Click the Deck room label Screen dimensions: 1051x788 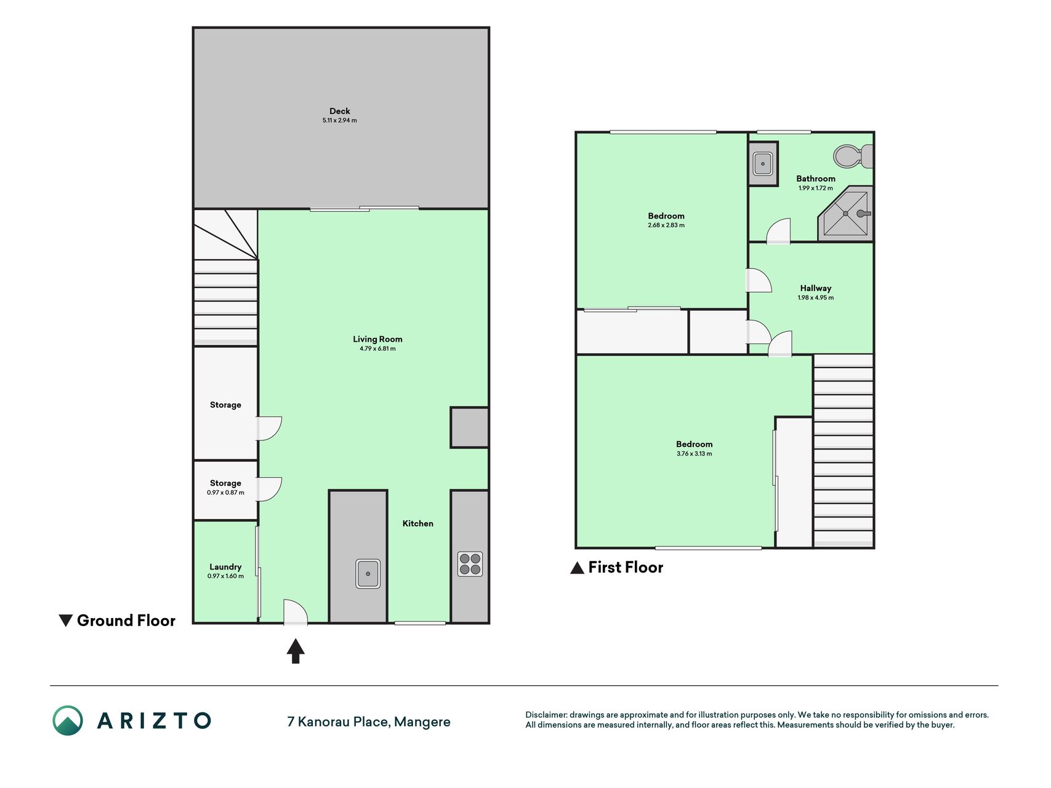pyautogui.click(x=340, y=111)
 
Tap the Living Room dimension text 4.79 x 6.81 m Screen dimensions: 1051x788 pyautogui.click(x=377, y=348)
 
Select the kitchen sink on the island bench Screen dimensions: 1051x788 pyautogui.click(x=368, y=574)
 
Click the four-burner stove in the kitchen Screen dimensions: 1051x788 pyautogui.click(x=470, y=564)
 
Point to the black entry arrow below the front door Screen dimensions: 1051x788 pyautogui.click(x=296, y=651)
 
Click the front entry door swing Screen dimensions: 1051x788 pyautogui.click(x=296, y=612)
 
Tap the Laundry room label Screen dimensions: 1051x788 pyautogui.click(x=225, y=567)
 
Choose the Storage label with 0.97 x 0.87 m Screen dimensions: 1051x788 pyautogui.click(x=225, y=483)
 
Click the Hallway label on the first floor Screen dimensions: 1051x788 pyautogui.click(x=816, y=288)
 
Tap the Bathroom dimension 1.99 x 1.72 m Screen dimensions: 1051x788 pyautogui.click(x=816, y=188)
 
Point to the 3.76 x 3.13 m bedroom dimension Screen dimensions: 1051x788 pyautogui.click(x=695, y=454)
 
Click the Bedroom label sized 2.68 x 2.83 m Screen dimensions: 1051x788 pyautogui.click(x=666, y=216)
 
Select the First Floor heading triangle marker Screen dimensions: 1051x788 pyautogui.click(x=577, y=568)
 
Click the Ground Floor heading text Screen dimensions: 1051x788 pyautogui.click(x=126, y=621)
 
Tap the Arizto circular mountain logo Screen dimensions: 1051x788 pyautogui.click(x=68, y=720)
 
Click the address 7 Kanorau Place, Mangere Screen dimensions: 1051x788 pyautogui.click(x=369, y=722)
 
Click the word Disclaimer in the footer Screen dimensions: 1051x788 pyautogui.click(x=546, y=715)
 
